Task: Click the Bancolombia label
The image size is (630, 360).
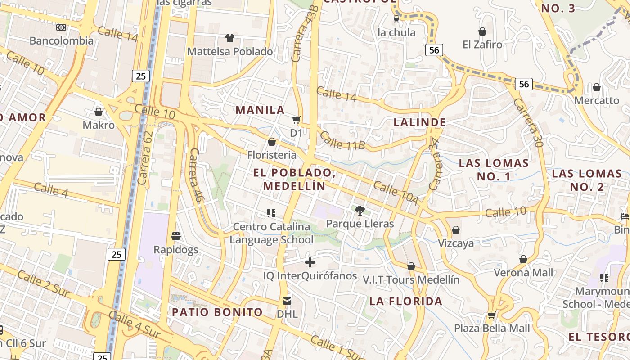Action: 62,40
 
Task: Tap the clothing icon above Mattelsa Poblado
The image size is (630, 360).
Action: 230,38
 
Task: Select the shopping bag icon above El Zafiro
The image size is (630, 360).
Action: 482,31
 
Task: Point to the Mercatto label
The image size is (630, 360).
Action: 597,100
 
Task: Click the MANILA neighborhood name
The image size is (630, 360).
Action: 260,110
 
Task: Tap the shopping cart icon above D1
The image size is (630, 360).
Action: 296,120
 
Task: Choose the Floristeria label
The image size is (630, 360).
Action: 272,155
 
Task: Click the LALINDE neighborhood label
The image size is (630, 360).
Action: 420,122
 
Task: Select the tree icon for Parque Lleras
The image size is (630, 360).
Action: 360,210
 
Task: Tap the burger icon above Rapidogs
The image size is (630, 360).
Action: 176,236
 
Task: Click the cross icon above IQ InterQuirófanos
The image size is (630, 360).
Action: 310,262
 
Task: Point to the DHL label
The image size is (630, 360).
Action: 287,313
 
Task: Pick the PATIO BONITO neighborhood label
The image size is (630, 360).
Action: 217,312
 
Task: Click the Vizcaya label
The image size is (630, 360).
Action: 456,243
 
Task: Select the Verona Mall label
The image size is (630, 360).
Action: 523,272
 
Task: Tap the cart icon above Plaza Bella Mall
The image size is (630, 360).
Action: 492,315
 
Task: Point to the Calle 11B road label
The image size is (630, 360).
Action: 342,140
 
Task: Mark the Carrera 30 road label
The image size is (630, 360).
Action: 529,122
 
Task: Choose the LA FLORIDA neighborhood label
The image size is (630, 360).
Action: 406,301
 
